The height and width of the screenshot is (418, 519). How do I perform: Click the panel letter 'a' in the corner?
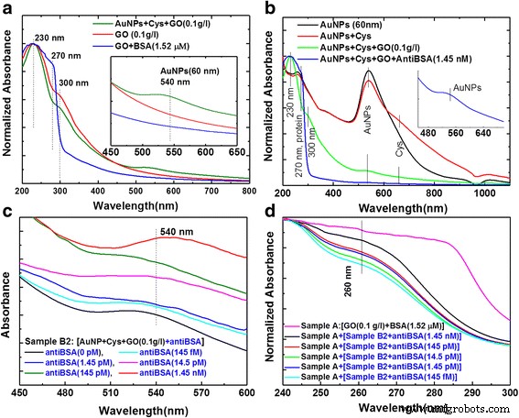[6, 9]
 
